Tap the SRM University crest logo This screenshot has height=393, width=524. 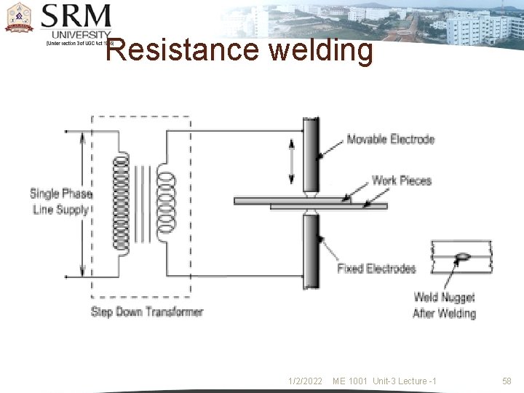tap(20, 18)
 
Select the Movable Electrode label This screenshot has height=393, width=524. tap(390, 139)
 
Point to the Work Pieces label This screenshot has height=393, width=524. tap(401, 180)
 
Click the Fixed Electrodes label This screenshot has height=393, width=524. tap(376, 269)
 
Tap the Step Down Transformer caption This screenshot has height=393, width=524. tap(147, 312)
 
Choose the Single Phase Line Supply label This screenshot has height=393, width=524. tap(60, 202)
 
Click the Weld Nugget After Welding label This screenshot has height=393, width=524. tap(444, 305)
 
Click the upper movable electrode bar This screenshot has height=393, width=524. tap(311, 155)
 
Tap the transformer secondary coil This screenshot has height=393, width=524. tap(167, 203)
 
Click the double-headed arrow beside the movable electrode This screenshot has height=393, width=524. tap(292, 162)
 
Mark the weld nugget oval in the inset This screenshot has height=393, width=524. tap(461, 255)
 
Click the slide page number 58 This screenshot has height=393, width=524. tap(507, 381)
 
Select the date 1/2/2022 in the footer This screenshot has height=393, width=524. tap(305, 381)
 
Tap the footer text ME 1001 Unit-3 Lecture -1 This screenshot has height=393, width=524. tap(384, 381)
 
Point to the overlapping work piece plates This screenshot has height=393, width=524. tap(311, 203)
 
